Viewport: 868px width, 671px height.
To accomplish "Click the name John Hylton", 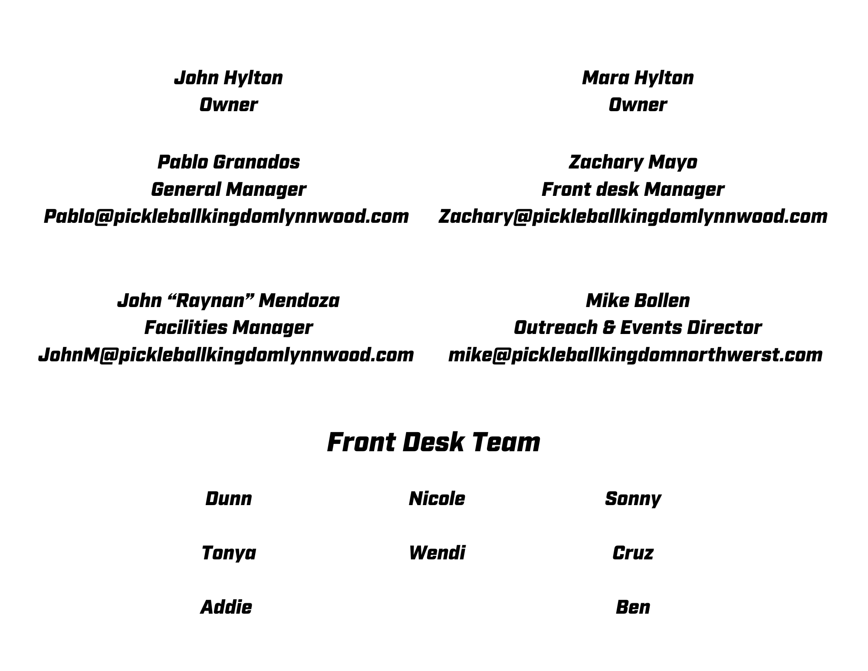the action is coord(228,78).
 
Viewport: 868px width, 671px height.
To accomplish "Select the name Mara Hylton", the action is coord(638,78).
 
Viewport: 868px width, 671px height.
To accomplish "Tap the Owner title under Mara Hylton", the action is coord(638,105).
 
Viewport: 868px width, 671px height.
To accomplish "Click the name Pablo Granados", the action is coord(228,162).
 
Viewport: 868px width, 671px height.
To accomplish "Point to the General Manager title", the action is coord(228,190).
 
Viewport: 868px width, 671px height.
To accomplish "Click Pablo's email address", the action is coord(226,217).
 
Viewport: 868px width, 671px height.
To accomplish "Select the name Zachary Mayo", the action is coord(633,162).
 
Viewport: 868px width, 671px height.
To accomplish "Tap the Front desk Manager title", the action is coord(633,190).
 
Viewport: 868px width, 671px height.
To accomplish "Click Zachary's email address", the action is coord(633,217).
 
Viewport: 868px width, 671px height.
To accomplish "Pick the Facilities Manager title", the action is coord(228,328).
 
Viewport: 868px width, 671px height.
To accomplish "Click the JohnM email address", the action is coord(226,355).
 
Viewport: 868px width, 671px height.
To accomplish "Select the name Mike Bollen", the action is coord(638,301).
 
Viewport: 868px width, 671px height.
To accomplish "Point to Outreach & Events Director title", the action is coord(638,328).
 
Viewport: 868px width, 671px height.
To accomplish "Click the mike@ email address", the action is coord(635,355).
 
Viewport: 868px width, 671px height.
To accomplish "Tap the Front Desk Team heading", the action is coord(434,443).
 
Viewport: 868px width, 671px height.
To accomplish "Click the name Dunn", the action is coord(228,499).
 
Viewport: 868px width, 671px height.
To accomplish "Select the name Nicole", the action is coord(437,499).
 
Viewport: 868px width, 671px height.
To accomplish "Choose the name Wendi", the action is coord(437,553).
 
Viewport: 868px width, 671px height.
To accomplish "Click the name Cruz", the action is coord(633,553).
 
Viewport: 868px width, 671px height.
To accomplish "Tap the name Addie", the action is coord(226,608).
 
